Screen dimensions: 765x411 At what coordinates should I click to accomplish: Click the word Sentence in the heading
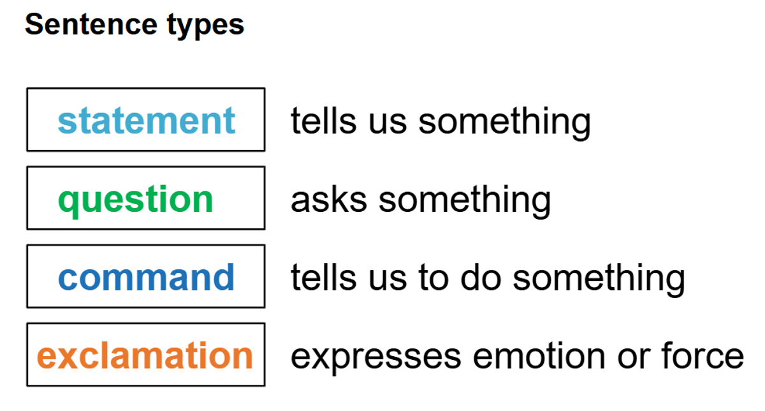tap(91, 25)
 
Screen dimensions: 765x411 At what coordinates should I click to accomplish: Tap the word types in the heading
tap(205, 27)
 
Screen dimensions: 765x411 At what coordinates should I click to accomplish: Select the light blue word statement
tap(147, 121)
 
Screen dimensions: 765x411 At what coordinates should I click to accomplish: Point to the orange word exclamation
tap(145, 355)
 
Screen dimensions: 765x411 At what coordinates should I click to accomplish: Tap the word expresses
tap(375, 358)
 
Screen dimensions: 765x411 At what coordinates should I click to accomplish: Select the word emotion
tap(539, 355)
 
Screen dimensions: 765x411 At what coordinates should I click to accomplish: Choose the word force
tap(703, 355)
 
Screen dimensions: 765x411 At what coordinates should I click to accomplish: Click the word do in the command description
tap(481, 278)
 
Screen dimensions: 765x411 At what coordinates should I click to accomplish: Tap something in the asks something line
tap(465, 202)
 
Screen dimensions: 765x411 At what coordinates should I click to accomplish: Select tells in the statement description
tap(324, 121)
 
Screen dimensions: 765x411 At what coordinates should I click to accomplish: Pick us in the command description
tap(388, 280)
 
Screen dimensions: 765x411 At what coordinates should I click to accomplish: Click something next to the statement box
tap(504, 123)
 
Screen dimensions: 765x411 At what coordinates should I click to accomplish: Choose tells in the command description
tap(324, 278)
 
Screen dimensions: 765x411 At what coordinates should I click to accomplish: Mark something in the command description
tap(599, 280)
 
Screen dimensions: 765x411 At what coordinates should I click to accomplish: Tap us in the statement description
tap(388, 123)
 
